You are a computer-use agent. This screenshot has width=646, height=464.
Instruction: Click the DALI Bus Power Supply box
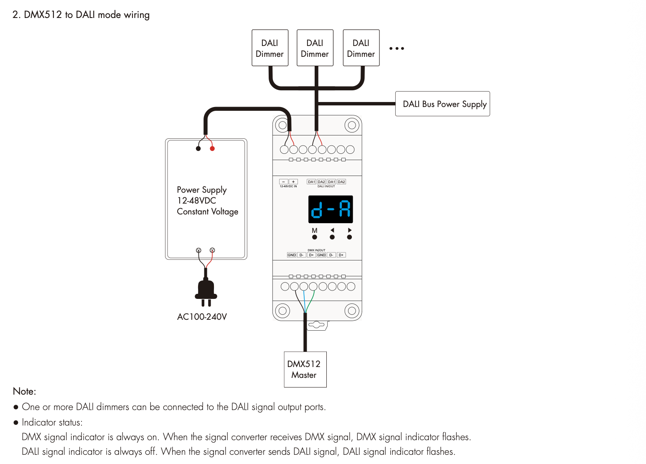[443, 104]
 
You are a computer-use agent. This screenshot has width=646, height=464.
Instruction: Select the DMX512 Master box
[305, 369]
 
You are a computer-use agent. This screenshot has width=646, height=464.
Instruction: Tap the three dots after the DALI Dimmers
[397, 48]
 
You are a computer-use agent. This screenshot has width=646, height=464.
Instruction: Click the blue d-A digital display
[331, 209]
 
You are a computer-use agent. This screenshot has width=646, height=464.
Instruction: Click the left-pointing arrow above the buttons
[332, 230]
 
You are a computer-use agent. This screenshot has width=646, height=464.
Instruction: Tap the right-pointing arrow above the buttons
[350, 230]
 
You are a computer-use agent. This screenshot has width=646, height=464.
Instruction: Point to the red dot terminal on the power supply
[212, 148]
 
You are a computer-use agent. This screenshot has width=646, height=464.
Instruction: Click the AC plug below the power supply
[206, 291]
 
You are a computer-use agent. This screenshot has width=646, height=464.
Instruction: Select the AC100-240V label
[202, 317]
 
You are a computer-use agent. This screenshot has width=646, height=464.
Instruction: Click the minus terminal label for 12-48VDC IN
[284, 182]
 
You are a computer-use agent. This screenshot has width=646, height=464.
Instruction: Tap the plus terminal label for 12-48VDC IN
[293, 182]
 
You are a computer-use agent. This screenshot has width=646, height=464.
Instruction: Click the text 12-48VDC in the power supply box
[196, 201]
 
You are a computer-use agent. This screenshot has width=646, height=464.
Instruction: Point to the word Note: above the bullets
[25, 391]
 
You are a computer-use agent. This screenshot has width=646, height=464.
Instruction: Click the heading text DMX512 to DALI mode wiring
[81, 15]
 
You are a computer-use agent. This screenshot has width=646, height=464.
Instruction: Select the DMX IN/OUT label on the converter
[316, 250]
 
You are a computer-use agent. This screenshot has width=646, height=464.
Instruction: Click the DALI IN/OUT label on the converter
[326, 186]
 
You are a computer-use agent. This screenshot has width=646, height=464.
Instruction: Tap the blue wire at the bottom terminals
[304, 300]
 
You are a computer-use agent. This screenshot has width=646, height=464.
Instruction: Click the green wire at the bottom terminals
[311, 300]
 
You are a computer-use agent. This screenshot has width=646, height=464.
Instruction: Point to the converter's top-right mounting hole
[352, 125]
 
